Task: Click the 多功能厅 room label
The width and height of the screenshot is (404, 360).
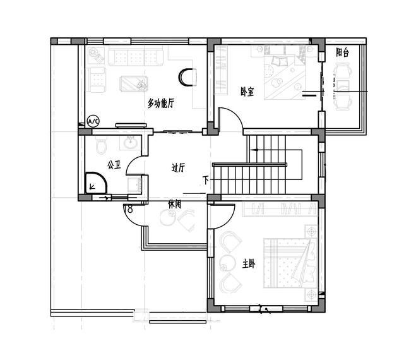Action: point(161,103)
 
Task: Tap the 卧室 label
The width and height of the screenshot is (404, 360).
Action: point(247,92)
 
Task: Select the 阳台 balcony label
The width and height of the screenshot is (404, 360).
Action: point(342,52)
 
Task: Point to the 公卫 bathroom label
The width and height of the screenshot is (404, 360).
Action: point(114,164)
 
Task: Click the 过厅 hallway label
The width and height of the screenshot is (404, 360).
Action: point(178,167)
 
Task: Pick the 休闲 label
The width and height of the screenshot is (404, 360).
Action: point(174,205)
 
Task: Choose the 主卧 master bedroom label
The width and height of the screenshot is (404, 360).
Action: point(249,264)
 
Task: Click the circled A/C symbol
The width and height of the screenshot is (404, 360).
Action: point(93,121)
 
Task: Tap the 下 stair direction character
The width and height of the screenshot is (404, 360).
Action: point(206,180)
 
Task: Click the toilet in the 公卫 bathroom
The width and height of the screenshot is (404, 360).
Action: point(101,146)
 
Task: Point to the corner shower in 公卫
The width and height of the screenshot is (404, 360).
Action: point(96,183)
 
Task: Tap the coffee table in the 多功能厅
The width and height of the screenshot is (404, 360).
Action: point(134,83)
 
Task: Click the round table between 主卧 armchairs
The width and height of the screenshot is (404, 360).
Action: point(227,263)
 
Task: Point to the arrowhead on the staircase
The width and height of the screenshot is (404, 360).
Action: point(256,150)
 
